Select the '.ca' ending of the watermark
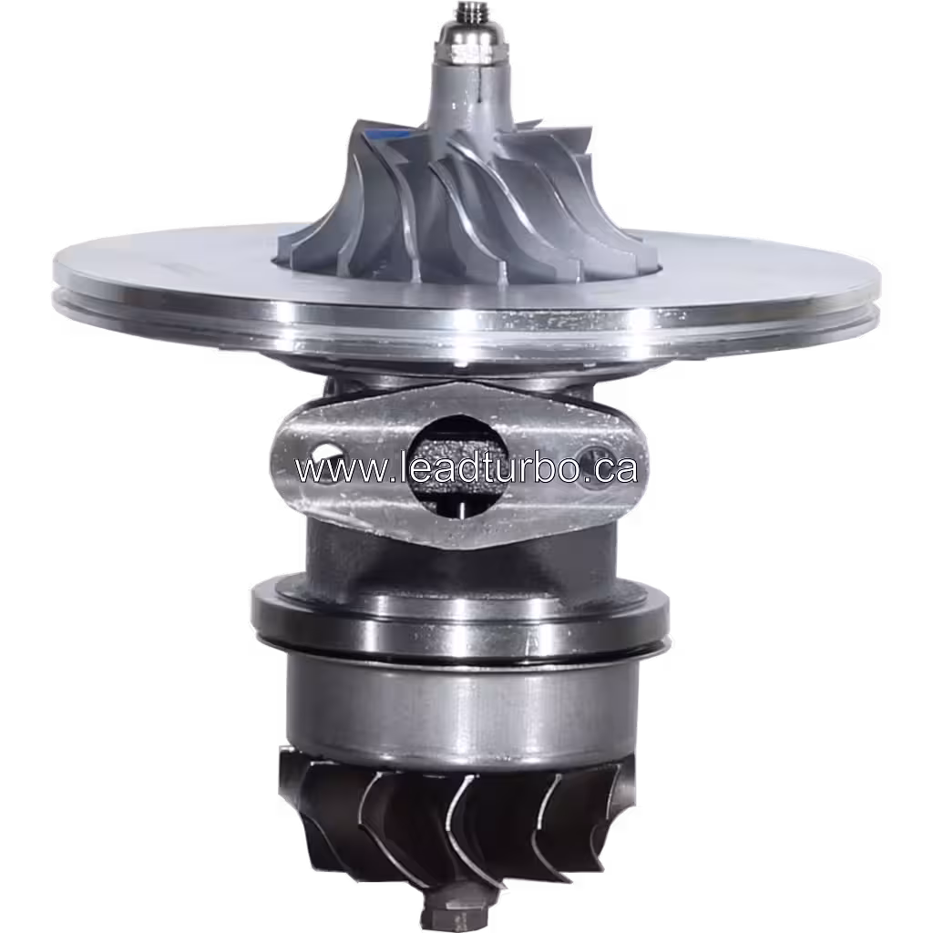point(614,469)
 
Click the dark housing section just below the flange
point(392,556)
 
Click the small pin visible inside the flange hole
point(463,506)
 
